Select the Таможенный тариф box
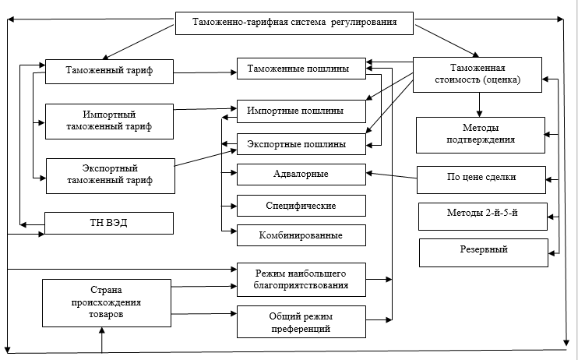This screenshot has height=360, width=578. pyautogui.click(x=109, y=72)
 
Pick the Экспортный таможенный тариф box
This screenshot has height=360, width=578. pyautogui.click(x=110, y=174)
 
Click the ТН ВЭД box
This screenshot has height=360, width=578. pyautogui.click(x=109, y=224)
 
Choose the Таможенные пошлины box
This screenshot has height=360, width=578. pyautogui.click(x=301, y=69)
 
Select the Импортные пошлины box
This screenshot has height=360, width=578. pyautogui.click(x=301, y=111)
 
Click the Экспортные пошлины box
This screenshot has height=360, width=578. pyautogui.click(x=301, y=145)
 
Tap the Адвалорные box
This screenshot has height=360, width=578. pyautogui.click(x=301, y=174)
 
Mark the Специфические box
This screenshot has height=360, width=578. pyautogui.click(x=301, y=205)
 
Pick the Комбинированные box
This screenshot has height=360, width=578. pyautogui.click(x=301, y=235)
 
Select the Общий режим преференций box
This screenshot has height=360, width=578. pyautogui.click(x=301, y=321)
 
